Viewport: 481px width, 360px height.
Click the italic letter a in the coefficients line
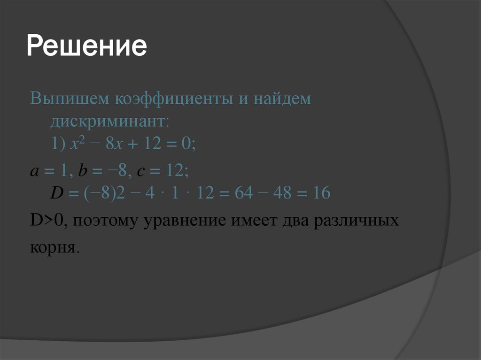34,172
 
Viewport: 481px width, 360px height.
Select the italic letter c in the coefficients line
140,172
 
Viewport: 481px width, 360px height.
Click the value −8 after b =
117,171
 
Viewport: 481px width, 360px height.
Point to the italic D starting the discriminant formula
56,193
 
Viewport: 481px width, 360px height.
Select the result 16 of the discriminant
322,193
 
